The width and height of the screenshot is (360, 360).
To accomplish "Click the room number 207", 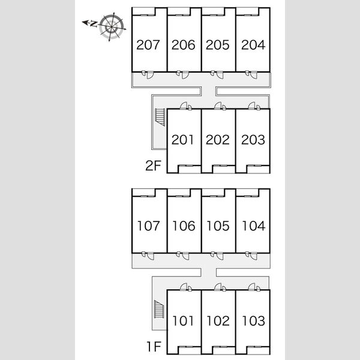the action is [x=148, y=45].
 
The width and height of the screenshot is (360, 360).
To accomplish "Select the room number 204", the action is [x=253, y=45].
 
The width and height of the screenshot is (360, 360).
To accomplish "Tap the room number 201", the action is [x=182, y=140].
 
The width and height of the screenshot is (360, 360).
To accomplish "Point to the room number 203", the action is [x=253, y=140].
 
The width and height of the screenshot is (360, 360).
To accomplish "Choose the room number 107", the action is [x=148, y=226].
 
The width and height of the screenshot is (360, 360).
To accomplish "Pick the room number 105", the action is [x=218, y=226].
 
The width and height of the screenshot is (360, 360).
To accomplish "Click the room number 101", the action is [x=183, y=321].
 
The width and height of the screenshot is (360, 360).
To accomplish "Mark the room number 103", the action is [x=253, y=321].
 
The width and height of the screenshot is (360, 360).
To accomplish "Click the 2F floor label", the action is [x=153, y=166].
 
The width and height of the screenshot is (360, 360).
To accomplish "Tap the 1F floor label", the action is [x=154, y=347].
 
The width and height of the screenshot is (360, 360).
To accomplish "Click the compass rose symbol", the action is [x=112, y=27].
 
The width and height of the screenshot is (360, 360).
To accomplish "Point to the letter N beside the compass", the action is [x=94, y=23].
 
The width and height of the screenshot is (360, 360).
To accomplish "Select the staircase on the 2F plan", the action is [x=160, y=117].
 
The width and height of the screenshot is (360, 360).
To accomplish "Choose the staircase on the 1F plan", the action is [x=159, y=309].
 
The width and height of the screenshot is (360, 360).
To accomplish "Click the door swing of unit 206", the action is [x=185, y=75].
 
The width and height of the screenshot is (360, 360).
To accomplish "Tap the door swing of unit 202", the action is [x=218, y=106].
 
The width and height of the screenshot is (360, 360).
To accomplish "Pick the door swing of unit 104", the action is [x=254, y=256].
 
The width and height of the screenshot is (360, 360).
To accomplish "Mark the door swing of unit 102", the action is [x=218, y=287].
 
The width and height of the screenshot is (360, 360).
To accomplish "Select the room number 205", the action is [x=218, y=45].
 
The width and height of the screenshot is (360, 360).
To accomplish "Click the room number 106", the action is [x=184, y=226].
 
